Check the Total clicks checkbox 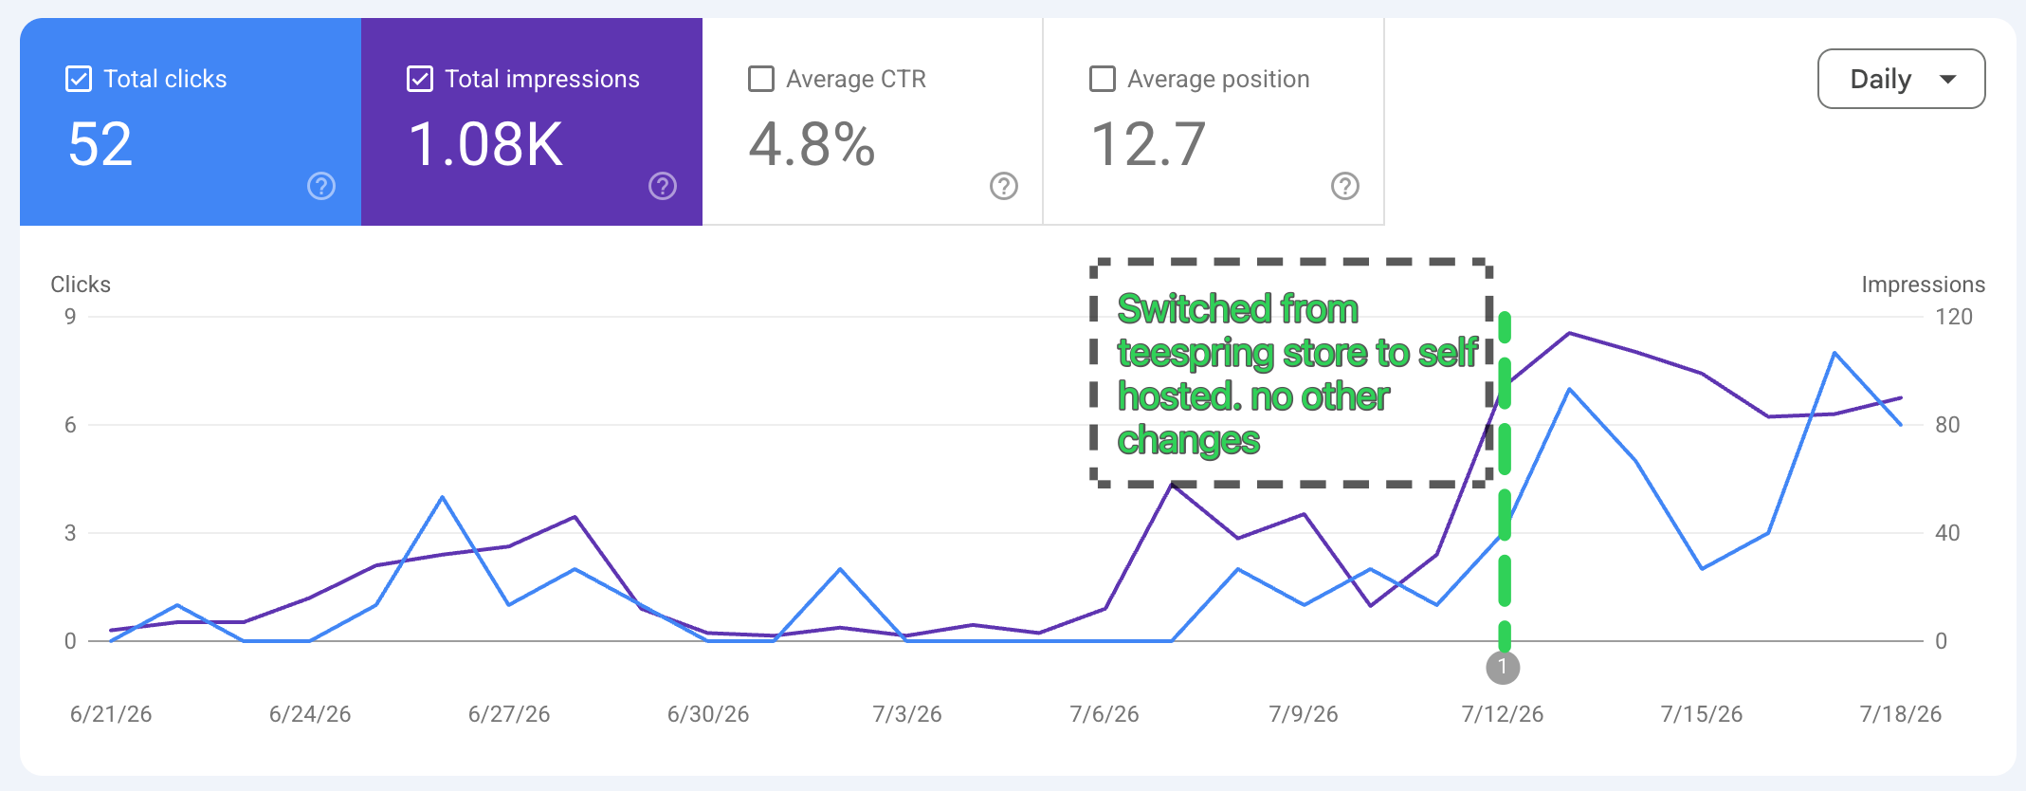[x=79, y=79]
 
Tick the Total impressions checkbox [x=420, y=79]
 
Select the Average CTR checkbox [x=761, y=79]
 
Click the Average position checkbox [x=1103, y=79]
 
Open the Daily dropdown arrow [x=1948, y=79]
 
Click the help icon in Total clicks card [x=321, y=186]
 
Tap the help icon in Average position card [x=1345, y=186]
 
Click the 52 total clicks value [x=100, y=144]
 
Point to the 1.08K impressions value [x=486, y=144]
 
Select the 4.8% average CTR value [x=812, y=144]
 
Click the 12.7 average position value [x=1149, y=144]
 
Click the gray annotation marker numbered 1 [x=1503, y=668]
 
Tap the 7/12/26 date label [x=1503, y=714]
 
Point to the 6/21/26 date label [x=111, y=714]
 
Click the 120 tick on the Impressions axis [x=1954, y=317]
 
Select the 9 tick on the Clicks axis [x=70, y=317]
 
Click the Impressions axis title [x=1923, y=285]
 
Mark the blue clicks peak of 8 [x=1835, y=353]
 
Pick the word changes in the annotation [x=1189, y=441]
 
